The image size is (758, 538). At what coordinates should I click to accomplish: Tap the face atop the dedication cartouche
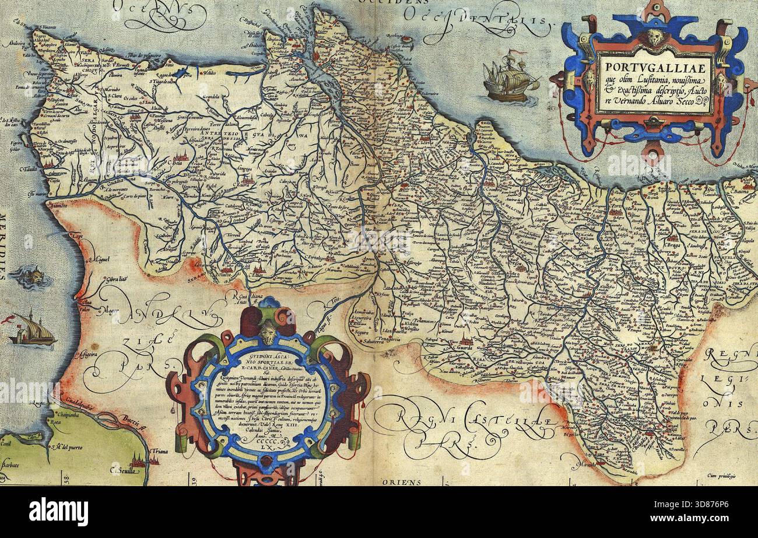point(268,333)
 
